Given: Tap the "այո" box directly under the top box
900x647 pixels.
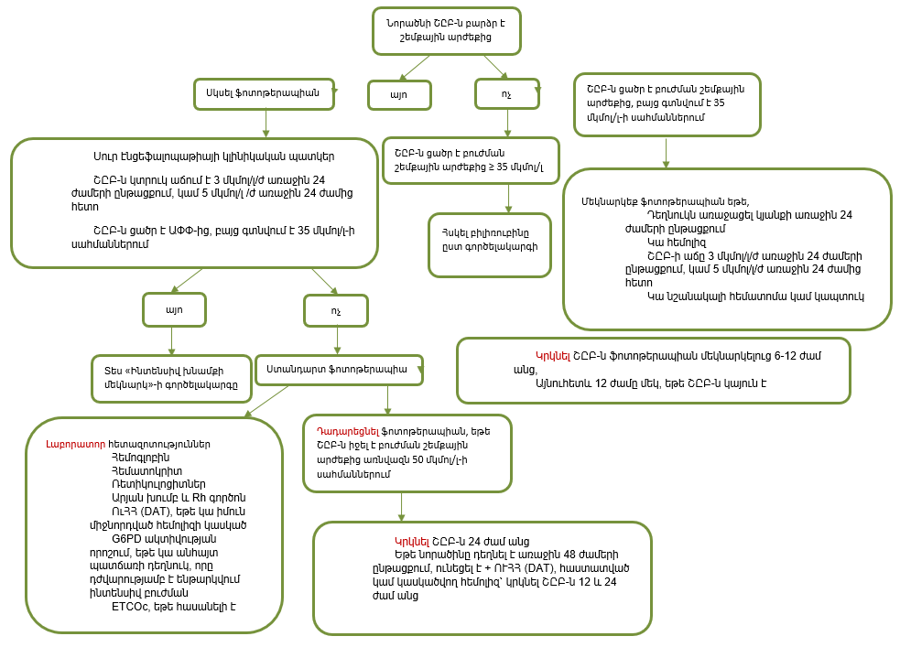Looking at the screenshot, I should point(401,93).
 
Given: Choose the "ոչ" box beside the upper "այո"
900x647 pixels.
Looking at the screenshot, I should point(506,93).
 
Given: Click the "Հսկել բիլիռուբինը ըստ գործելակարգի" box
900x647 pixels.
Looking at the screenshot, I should point(490,243).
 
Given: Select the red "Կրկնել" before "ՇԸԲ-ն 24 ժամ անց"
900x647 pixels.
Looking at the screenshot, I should point(411,541).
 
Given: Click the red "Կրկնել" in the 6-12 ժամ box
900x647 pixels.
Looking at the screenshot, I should point(553,355).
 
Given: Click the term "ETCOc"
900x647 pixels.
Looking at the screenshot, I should point(130,605).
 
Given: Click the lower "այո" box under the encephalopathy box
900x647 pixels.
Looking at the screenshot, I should point(174,310).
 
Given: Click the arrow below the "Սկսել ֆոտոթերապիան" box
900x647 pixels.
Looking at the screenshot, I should point(266,124).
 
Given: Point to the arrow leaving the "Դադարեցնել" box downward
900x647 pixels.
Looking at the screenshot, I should point(401,507).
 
